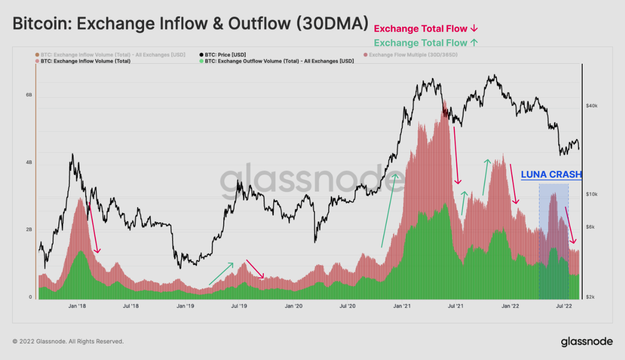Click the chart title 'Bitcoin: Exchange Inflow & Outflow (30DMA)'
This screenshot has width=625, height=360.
tap(191, 24)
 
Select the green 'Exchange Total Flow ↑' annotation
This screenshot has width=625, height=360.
tap(426, 43)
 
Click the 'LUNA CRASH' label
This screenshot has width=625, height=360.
tap(551, 175)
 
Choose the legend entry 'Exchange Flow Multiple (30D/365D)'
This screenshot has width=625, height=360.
tap(413, 55)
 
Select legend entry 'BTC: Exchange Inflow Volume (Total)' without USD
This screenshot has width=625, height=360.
tap(85, 61)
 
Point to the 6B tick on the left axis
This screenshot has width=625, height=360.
tap(29, 95)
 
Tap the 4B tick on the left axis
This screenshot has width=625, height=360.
tap(29, 163)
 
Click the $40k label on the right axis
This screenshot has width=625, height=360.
tap(591, 106)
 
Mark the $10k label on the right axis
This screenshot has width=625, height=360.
tap(591, 195)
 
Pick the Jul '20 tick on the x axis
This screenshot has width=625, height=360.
tap(347, 306)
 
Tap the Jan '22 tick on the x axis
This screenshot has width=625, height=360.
tap(510, 306)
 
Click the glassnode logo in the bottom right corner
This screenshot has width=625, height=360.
tap(587, 342)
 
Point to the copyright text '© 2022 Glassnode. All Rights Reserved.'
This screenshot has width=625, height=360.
tap(68, 341)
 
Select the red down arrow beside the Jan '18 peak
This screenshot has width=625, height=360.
tap(94, 228)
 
